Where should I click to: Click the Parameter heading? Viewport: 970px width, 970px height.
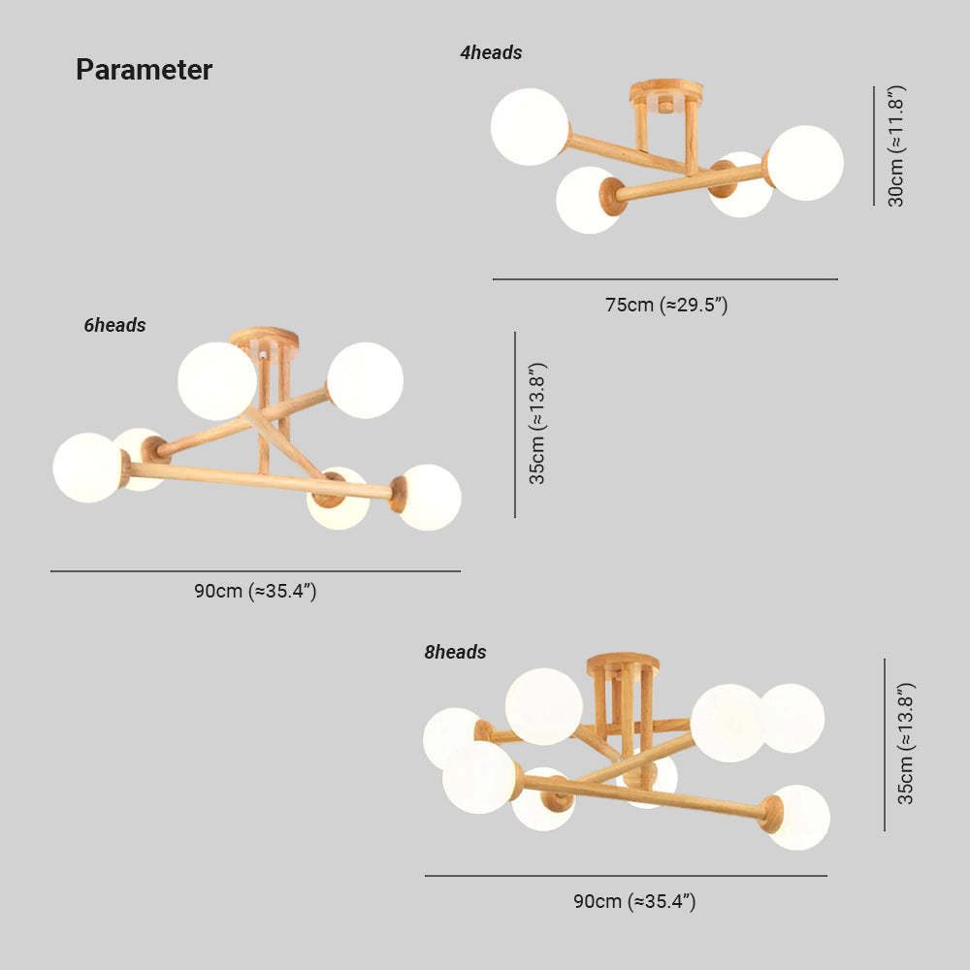pos(145,69)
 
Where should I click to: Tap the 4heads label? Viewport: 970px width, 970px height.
pos(491,52)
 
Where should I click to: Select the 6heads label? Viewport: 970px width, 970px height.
pos(114,325)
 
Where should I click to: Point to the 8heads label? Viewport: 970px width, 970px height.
pos(455,652)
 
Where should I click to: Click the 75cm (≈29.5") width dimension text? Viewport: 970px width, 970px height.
pos(666,305)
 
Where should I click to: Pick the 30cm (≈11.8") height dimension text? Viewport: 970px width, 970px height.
pos(895,146)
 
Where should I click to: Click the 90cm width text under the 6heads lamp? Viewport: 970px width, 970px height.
pos(255,591)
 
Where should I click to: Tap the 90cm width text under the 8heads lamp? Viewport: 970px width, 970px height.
pos(634,901)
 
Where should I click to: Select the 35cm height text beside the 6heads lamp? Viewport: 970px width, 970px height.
pos(537,424)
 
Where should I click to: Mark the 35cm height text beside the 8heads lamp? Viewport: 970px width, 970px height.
pos(905,744)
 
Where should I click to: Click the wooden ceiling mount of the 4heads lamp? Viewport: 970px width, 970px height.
pos(666,93)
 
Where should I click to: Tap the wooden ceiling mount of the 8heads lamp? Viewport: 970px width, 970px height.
pos(623,663)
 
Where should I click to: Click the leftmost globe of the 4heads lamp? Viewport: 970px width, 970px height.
pos(530,127)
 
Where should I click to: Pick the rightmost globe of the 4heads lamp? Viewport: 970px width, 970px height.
pos(805,163)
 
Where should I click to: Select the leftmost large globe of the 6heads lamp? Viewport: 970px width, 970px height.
pos(88,468)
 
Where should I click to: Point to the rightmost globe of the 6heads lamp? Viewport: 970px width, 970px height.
pos(429,498)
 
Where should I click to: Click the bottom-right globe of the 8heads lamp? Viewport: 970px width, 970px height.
pos(798,817)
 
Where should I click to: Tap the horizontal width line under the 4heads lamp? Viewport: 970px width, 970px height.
pos(665,279)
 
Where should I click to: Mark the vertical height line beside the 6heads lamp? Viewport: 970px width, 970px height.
pos(515,425)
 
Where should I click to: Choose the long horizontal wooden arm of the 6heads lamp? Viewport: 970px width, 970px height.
pos(260,480)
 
